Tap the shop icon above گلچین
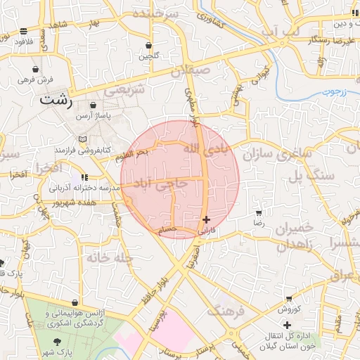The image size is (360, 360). pyautogui.click(x=148, y=45)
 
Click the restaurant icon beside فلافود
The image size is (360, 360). pyautogui.click(x=25, y=31)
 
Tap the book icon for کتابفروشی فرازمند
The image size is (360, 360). pyautogui.click(x=84, y=139)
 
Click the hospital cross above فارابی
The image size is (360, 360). pyautogui.click(x=205, y=219)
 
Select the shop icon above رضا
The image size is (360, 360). pyautogui.click(x=258, y=212)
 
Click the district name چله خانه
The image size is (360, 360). pyautogui.click(x=110, y=257)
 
